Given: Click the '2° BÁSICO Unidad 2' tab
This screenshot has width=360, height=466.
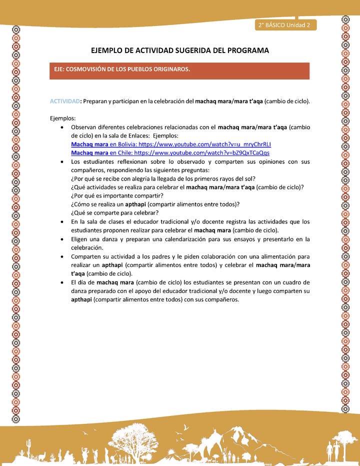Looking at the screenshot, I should point(284,25).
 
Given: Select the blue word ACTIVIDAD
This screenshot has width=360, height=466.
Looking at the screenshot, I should point(64,101).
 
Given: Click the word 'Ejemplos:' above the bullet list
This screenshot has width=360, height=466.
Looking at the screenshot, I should point(63,118).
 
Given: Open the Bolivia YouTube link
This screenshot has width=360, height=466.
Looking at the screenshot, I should point(171,144).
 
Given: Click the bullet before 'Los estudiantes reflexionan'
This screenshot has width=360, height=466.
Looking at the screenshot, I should point(61,162).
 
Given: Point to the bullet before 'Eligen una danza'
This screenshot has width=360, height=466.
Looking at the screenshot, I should point(61,239).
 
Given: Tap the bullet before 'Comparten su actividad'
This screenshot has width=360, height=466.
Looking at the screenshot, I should point(61,256).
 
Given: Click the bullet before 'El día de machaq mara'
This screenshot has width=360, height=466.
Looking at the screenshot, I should point(61,282).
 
